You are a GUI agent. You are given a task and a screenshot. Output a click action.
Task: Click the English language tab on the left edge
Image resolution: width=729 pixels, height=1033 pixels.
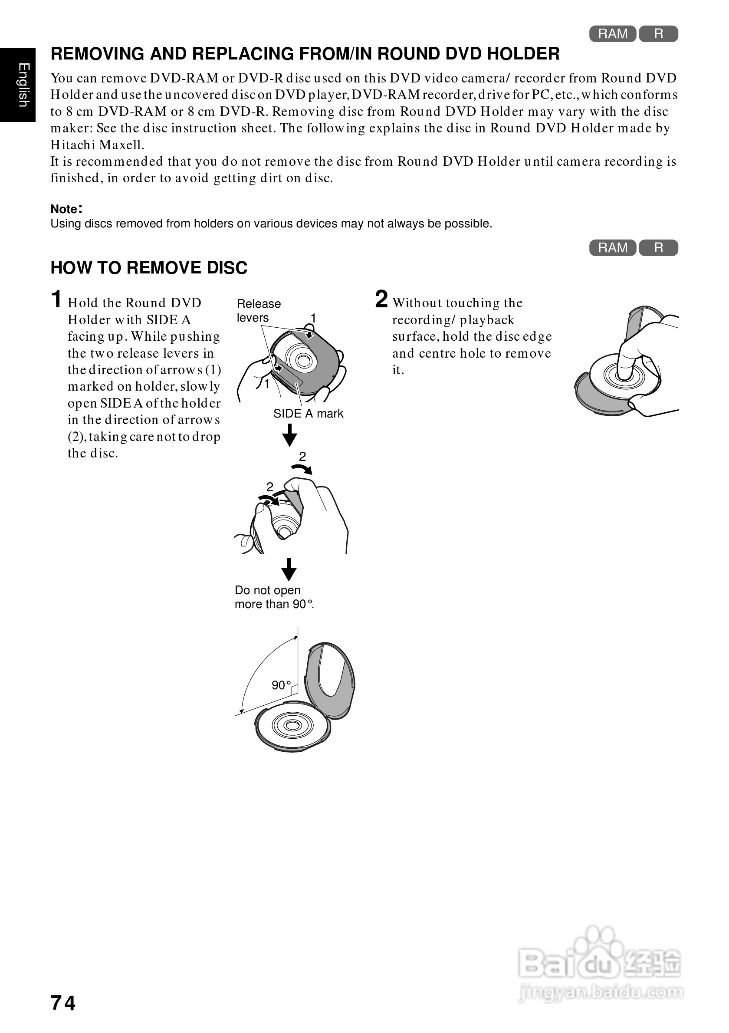pos(18,85)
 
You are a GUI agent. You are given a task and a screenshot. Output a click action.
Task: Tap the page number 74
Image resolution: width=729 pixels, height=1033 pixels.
pos(63,1003)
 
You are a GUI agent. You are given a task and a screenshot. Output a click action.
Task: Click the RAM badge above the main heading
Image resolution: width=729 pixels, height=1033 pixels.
pos(613,34)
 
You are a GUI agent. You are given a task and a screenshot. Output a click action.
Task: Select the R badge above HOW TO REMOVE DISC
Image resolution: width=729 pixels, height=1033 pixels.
pos(658,248)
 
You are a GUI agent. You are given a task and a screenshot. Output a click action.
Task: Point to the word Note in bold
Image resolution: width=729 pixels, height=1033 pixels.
pos(64,209)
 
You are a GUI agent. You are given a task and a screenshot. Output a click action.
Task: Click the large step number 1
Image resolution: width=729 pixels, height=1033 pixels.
pos(56,299)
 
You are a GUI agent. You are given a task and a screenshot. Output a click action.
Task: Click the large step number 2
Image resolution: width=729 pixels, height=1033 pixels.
pos(381,299)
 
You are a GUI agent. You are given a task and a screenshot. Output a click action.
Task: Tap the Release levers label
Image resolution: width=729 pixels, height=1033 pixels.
pos(259,310)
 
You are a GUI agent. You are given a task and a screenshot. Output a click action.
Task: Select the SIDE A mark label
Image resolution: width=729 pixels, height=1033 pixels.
pos(308,414)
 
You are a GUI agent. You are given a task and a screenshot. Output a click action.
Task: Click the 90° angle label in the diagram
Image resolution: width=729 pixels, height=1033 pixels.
pos(281,685)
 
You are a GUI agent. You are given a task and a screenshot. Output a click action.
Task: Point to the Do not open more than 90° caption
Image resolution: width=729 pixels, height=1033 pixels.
pos(273,597)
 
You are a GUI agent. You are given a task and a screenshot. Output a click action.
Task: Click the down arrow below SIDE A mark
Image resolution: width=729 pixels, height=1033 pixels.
pos(289,434)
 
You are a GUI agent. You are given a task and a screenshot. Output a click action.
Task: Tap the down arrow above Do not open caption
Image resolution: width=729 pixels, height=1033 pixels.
pos(289,569)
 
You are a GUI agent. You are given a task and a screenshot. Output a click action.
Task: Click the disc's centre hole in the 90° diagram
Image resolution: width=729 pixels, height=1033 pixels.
pos(293,725)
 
